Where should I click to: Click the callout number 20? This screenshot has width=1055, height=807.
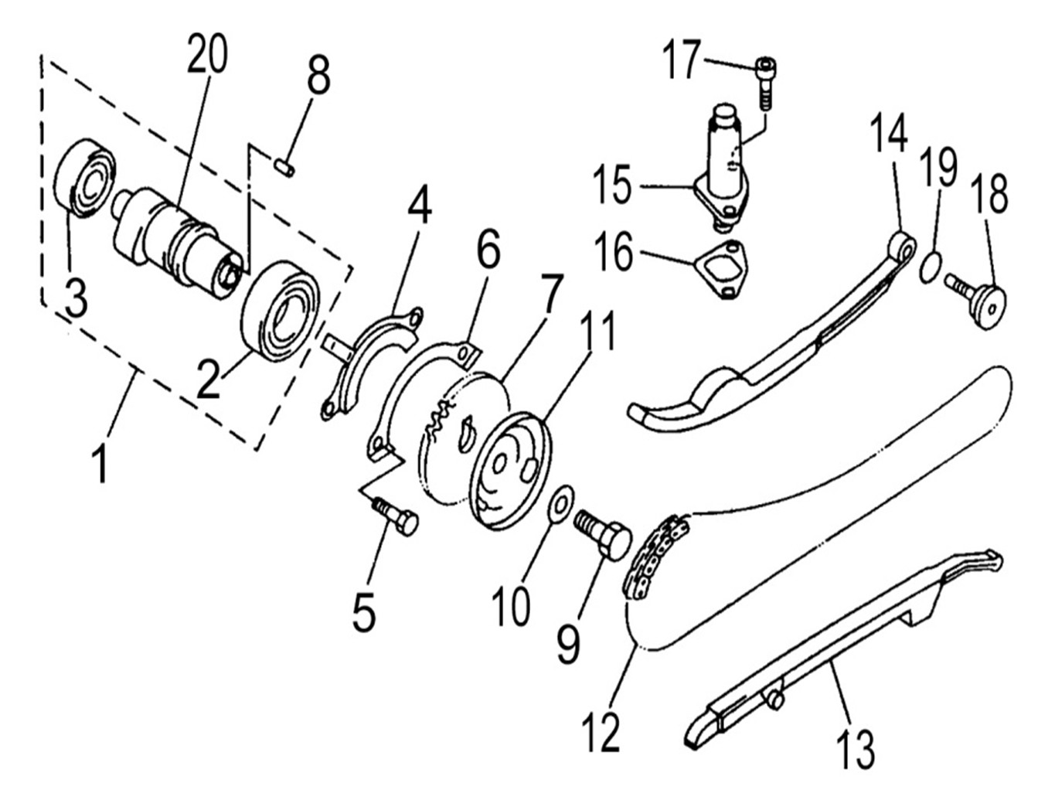(207, 56)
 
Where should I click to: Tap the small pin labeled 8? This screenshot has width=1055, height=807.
(284, 166)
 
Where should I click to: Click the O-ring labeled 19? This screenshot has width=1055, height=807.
(931, 267)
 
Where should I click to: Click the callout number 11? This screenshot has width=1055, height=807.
(599, 330)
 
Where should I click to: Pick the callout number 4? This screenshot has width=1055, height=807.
(420, 205)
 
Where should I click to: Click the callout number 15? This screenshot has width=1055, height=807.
(613, 186)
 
